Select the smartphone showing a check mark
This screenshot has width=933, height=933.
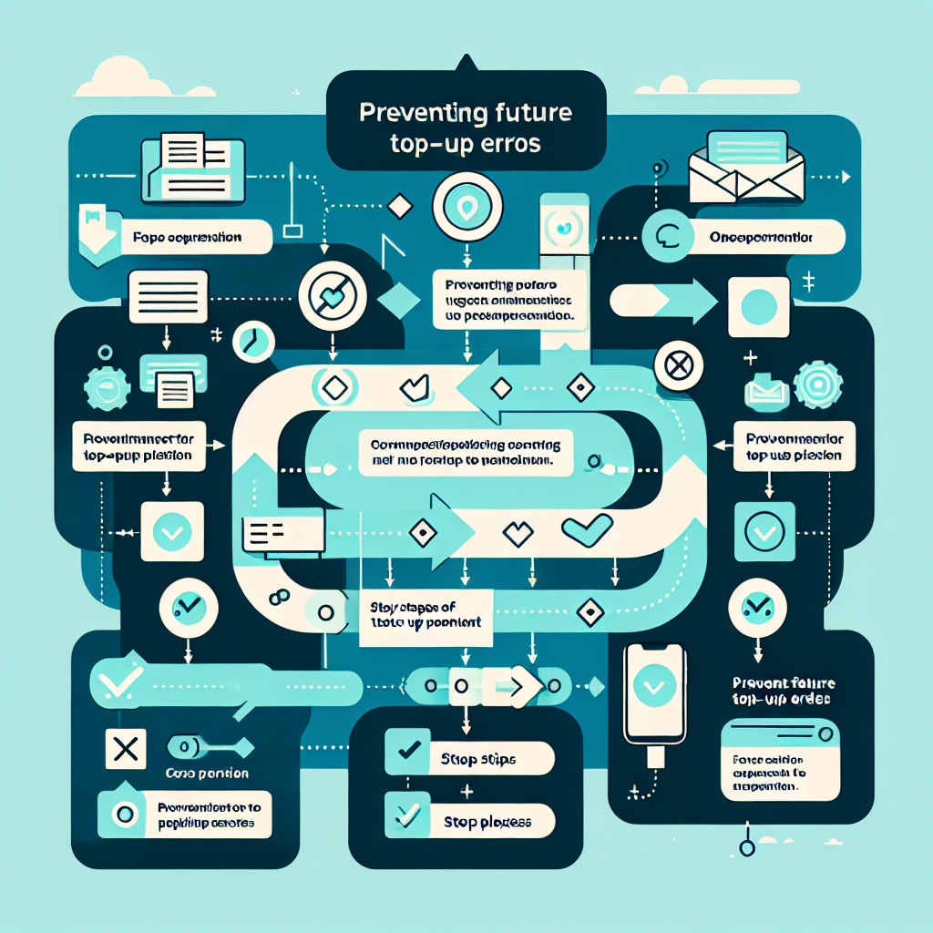pos(652,691)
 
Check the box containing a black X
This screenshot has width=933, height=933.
pos(126,749)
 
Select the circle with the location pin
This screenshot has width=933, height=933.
pos(466,207)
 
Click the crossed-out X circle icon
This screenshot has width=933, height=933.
pos(677,366)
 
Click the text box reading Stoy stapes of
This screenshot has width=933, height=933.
pos(426,617)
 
